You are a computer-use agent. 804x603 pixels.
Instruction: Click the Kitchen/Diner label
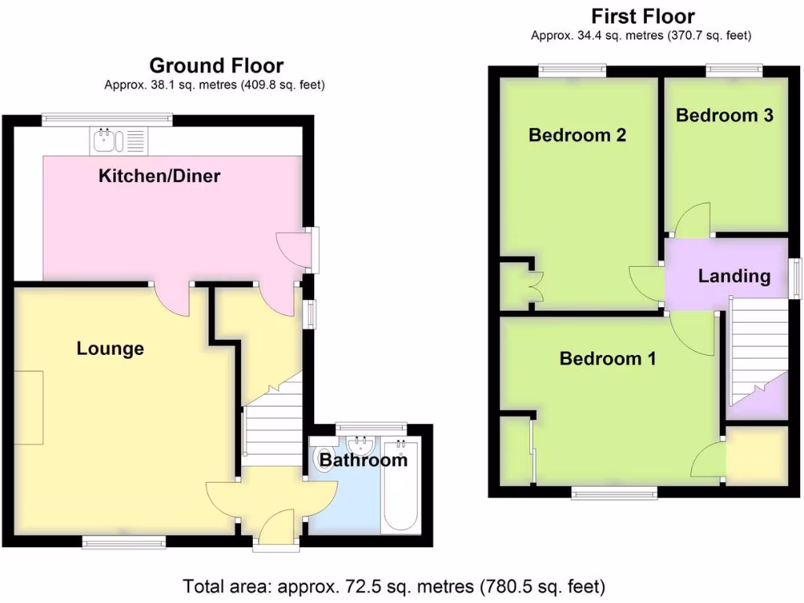click(x=159, y=176)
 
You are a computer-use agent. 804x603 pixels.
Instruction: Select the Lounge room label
click(x=110, y=349)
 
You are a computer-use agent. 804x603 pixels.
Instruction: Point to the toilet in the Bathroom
click(x=323, y=458)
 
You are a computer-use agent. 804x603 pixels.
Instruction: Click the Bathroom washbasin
click(x=361, y=446)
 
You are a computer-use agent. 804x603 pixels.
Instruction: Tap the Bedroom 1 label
click(x=607, y=359)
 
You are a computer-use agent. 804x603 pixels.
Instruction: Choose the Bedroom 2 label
click(x=577, y=135)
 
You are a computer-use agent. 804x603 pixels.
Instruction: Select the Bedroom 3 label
click(x=724, y=115)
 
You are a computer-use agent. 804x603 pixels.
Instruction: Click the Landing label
click(x=734, y=276)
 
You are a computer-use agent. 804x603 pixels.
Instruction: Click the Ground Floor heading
click(x=216, y=65)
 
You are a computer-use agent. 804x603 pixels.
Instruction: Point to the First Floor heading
click(x=642, y=16)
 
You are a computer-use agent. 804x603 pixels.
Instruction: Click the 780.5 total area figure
click(x=541, y=586)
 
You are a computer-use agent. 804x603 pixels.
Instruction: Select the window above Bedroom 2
click(x=572, y=71)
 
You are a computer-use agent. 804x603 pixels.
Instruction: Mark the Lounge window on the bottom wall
click(x=124, y=540)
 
